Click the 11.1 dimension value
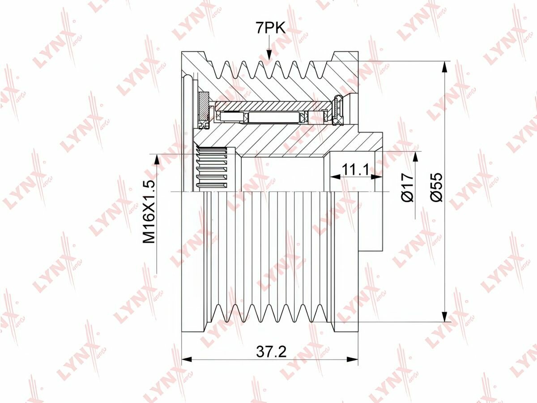tap(355, 170)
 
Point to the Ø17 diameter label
tap(407, 187)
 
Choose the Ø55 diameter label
tap(437, 187)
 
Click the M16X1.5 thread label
tap(149, 212)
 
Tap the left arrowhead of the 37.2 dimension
tap(187, 359)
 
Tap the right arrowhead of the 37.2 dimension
tap(353, 359)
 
